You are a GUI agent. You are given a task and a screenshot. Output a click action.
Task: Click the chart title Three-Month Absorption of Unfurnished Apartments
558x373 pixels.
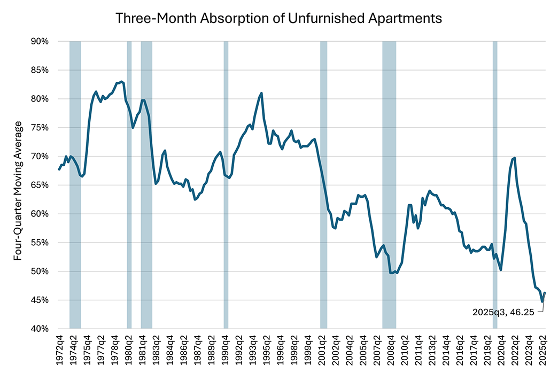coord(279,18)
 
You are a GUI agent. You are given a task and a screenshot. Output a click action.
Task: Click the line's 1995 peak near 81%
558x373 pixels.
coord(261,93)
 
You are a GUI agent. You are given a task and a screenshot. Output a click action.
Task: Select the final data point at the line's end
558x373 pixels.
coord(545,293)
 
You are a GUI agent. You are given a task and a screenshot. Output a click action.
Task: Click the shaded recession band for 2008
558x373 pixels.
coord(389,184)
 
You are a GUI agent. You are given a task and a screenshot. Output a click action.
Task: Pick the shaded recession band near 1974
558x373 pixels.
coord(75,184)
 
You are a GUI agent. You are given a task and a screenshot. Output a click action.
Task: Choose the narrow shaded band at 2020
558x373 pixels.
coord(495,184)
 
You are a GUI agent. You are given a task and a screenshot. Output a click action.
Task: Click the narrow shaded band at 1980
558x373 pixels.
coord(129,184)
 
